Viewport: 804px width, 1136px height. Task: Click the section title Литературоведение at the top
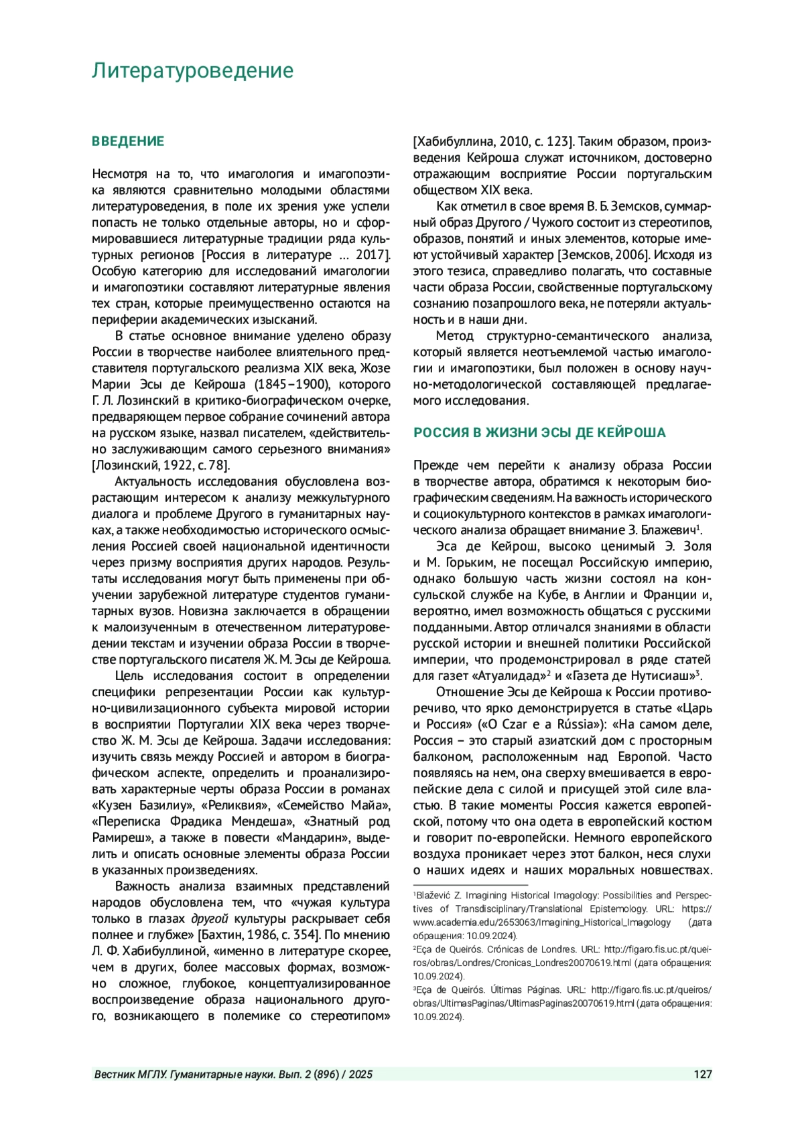pos(192,70)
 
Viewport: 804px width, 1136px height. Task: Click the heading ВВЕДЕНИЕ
pos(128,141)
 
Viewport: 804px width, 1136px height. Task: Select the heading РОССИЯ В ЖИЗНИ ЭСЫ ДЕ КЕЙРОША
pos(539,432)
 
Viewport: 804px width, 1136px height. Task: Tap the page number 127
pos(702,1074)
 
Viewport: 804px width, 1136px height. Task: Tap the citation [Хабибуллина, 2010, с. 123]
pos(494,142)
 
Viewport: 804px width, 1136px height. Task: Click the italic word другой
pos(209,919)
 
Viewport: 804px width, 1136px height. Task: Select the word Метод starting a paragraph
pos(454,335)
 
